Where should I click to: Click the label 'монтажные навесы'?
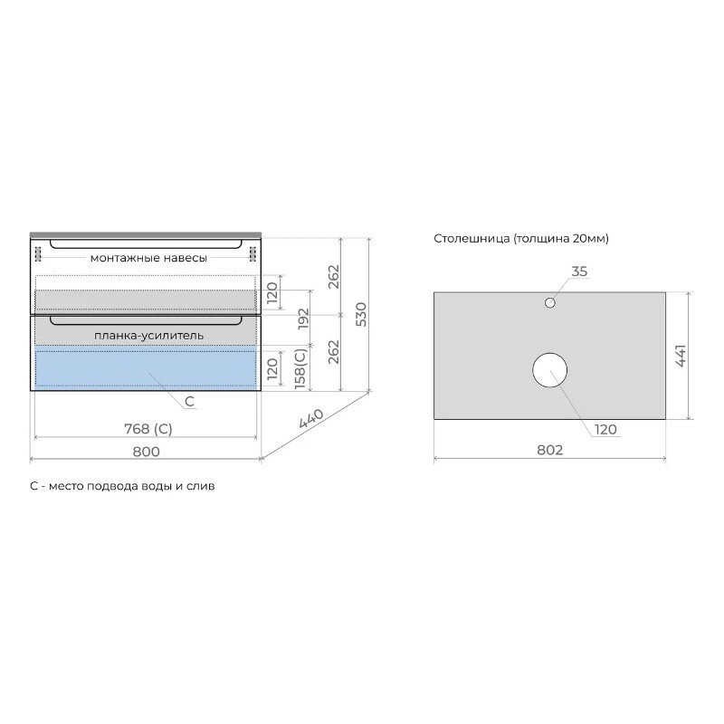click(148, 258)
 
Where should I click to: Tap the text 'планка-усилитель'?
click(148, 335)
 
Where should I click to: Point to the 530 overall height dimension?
click(361, 314)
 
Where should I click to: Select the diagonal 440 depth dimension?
click(311, 418)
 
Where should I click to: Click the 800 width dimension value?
click(146, 451)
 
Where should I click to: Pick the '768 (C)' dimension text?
click(148, 429)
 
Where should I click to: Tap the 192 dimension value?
click(303, 319)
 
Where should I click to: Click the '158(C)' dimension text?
click(300, 368)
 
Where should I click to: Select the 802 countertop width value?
click(550, 450)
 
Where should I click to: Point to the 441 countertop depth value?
click(681, 356)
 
